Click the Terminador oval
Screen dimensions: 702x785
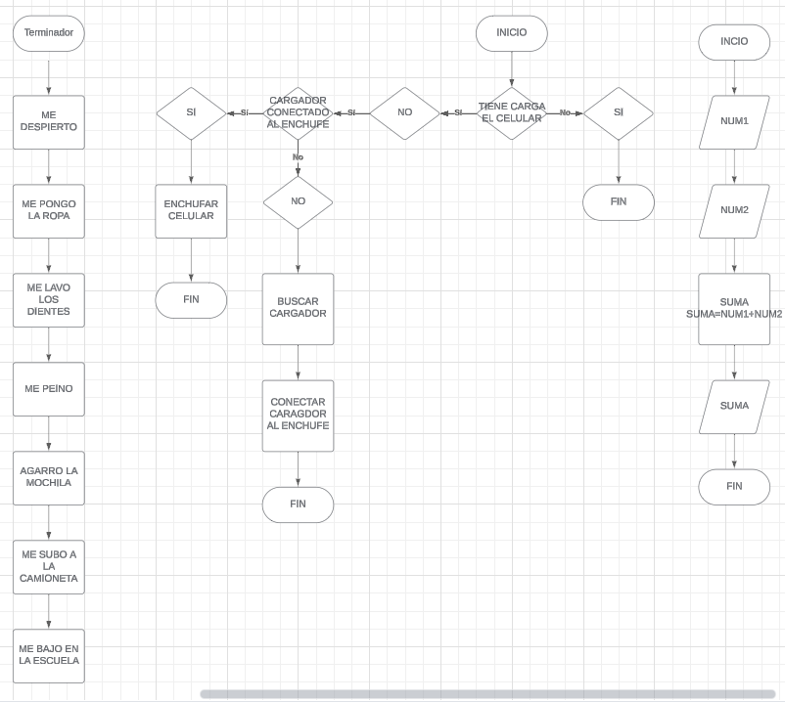[49, 33]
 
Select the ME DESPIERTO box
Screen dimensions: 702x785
[49, 122]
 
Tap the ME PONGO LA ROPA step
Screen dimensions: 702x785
[49, 211]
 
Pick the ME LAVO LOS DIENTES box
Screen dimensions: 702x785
[49, 300]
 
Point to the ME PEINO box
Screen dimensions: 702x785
[49, 389]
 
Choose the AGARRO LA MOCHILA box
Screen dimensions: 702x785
[49, 478]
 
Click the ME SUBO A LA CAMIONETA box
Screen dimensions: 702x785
[49, 567]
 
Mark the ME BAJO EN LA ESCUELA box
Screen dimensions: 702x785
[49, 656]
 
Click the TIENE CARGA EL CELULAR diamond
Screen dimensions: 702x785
[512, 113]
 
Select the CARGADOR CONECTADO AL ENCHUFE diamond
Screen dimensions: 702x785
[299, 113]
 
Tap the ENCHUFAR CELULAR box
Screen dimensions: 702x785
[191, 211]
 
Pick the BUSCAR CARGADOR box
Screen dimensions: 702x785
[299, 309]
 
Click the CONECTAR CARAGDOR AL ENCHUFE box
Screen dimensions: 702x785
[299, 416]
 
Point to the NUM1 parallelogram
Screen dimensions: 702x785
[734, 122]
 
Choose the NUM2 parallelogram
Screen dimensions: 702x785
[734, 211]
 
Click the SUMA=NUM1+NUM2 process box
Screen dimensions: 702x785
[734, 309]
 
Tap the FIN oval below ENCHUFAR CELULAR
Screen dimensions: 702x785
[191, 300]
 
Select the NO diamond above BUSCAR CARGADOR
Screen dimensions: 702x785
[299, 202]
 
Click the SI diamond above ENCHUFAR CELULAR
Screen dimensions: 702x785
[191, 113]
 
